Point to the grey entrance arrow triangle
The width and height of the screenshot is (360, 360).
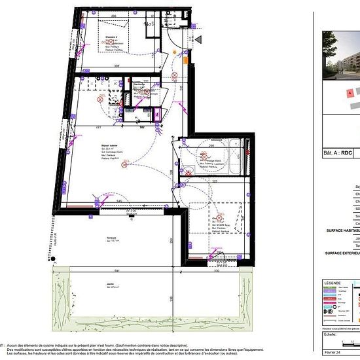click(198, 40)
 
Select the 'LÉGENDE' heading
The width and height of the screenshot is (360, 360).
click(333, 283)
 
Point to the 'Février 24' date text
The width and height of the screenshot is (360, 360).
click(333, 352)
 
